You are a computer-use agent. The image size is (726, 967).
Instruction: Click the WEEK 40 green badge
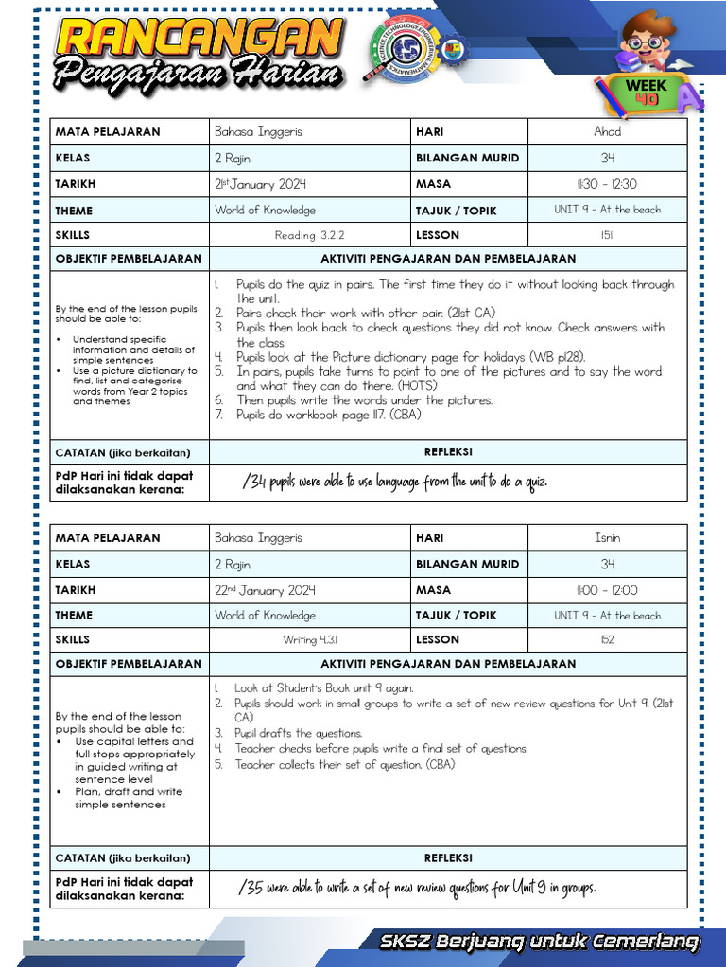(647, 92)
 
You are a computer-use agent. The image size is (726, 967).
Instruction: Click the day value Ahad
(607, 131)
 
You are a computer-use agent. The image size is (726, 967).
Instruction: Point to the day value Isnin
(607, 537)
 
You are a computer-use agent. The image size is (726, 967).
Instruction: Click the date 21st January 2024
(260, 184)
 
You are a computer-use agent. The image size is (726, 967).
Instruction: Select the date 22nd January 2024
(265, 590)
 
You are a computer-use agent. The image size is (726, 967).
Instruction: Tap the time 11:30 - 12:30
(607, 184)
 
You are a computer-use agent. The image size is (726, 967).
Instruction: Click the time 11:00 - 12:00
(607, 590)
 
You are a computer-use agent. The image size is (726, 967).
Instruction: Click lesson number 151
(607, 235)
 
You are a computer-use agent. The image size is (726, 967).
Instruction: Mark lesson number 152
(607, 639)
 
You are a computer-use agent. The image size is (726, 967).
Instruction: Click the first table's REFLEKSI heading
(448, 452)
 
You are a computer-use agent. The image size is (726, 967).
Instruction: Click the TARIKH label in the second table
(76, 590)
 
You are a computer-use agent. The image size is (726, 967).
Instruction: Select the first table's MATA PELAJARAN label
(108, 131)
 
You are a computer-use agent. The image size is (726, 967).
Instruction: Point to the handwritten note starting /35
(418, 888)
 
